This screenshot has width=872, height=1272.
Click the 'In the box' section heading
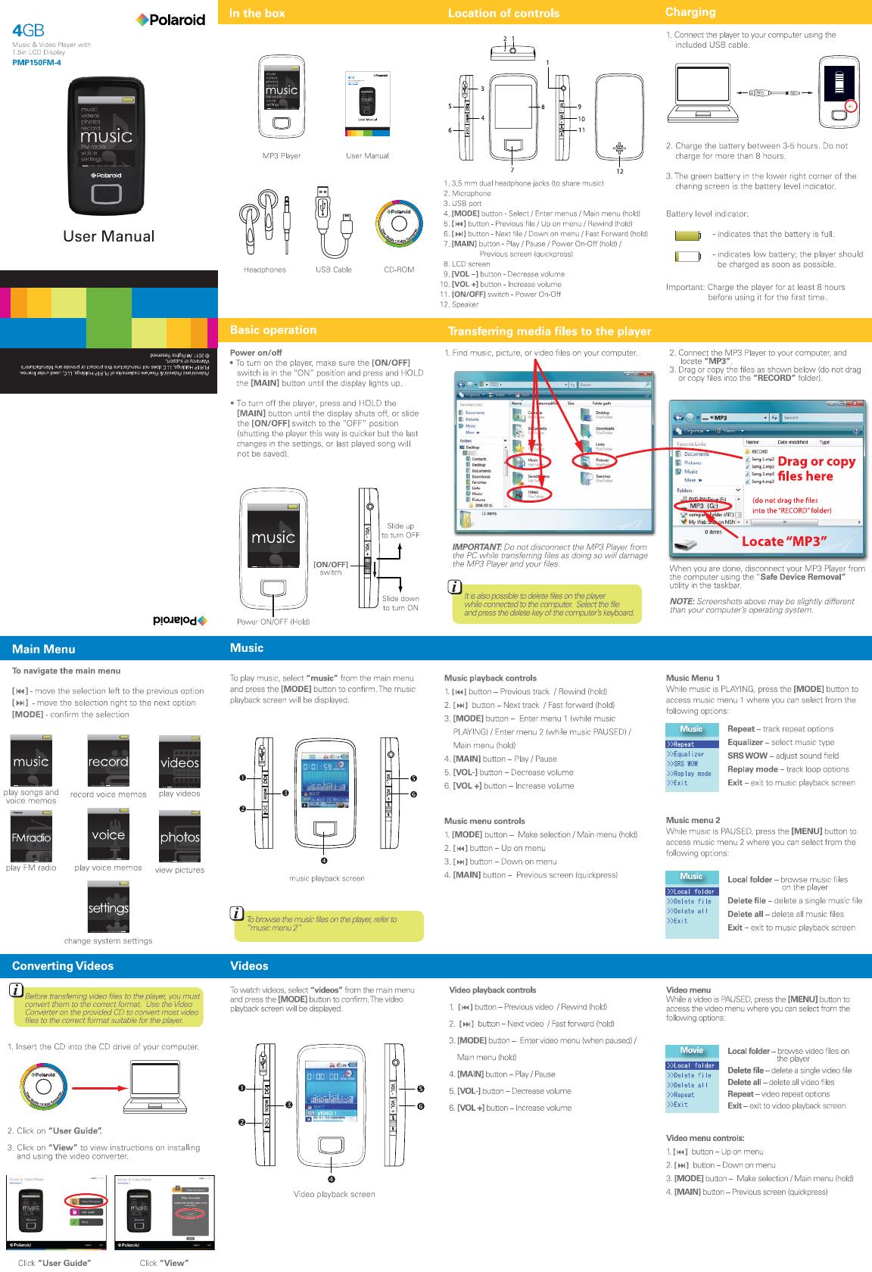click(x=257, y=13)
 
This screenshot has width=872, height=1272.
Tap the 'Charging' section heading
click(x=690, y=12)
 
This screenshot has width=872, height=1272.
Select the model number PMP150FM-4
click(x=36, y=63)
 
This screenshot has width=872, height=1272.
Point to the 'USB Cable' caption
click(x=333, y=270)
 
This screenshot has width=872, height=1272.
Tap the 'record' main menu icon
click(x=108, y=760)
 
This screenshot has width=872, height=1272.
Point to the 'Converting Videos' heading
click(x=63, y=965)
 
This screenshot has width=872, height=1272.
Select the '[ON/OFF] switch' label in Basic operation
click(x=331, y=568)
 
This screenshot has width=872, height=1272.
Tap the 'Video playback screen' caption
click(x=334, y=1194)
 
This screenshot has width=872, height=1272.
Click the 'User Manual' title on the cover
click(x=108, y=236)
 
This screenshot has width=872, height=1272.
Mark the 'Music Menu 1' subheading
click(x=693, y=678)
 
